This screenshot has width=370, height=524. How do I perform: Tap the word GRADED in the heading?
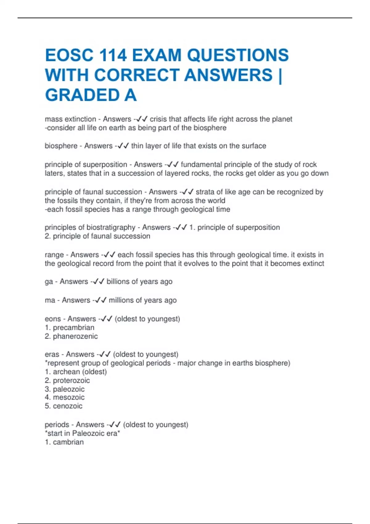pyautogui.click(x=82, y=95)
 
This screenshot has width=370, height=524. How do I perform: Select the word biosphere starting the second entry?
pyautogui.click(x=61, y=146)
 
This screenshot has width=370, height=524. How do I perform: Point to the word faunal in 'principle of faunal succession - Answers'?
pyautogui.click(x=93, y=192)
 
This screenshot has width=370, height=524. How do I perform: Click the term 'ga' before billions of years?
pyautogui.click(x=49, y=282)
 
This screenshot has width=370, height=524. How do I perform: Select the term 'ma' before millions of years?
pyautogui.click(x=50, y=300)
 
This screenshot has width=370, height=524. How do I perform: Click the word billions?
pyautogui.click(x=120, y=282)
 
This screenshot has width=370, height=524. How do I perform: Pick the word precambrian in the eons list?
pyautogui.click(x=74, y=328)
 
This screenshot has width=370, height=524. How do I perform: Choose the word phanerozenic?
pyautogui.click(x=75, y=336)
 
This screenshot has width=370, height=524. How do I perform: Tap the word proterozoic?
pyautogui.click(x=71, y=381)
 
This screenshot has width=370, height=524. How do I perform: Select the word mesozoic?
pyautogui.click(x=69, y=398)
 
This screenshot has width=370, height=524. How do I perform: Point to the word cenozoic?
pyautogui.click(x=68, y=406)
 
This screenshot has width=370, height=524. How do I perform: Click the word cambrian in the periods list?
pyautogui.click(x=68, y=442)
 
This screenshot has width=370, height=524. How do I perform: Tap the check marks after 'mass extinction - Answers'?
pyautogui.click(x=142, y=119)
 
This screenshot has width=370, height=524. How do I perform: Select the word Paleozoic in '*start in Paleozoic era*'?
pyautogui.click(x=88, y=434)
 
